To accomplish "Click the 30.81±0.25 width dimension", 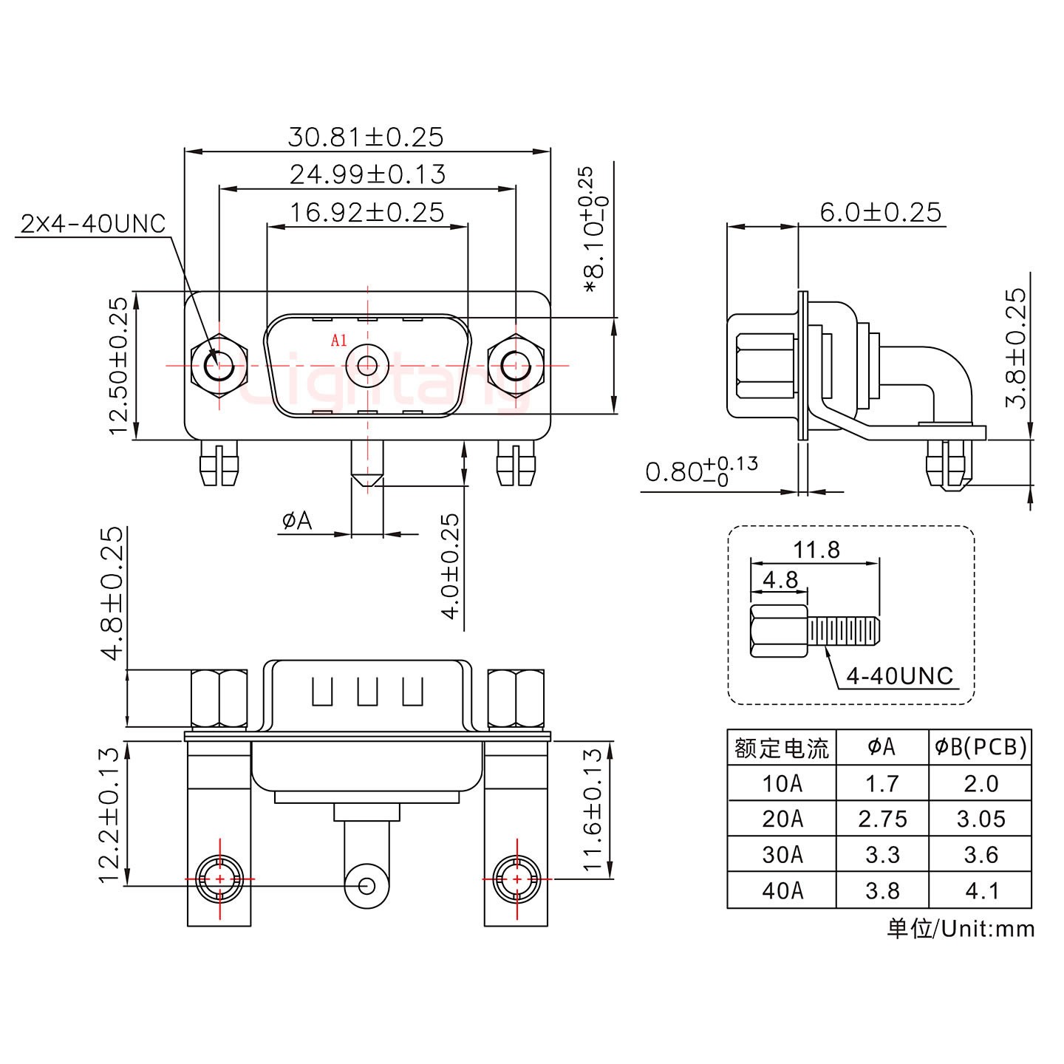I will [x=366, y=137].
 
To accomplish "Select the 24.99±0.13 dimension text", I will [x=367, y=175].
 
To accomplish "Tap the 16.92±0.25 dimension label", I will [x=367, y=213].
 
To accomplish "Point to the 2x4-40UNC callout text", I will [x=93, y=224].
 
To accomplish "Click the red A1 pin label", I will [x=338, y=341].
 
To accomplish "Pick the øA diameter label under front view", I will [x=297, y=522].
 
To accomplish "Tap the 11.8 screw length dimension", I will [x=816, y=550].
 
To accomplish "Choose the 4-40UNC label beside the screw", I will [x=899, y=675].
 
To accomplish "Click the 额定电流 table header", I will [x=782, y=748].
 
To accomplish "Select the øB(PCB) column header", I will [x=981, y=748].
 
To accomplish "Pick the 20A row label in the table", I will [x=782, y=819].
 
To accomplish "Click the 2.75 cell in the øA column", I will [x=882, y=819].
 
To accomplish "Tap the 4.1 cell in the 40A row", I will [x=981, y=890].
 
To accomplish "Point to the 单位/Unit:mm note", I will [x=960, y=928].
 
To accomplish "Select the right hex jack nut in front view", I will [x=516, y=366].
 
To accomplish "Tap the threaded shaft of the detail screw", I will [x=844, y=632].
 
